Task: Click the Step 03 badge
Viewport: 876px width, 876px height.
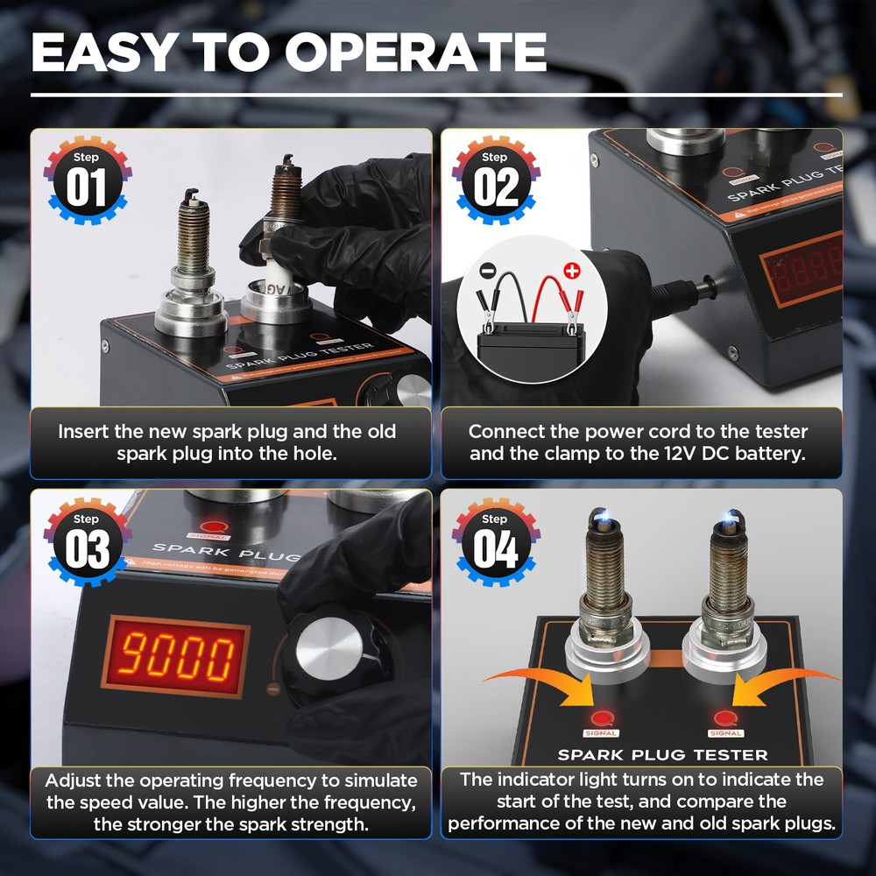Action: click(86, 543)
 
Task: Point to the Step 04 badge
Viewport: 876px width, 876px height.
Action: click(495, 543)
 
